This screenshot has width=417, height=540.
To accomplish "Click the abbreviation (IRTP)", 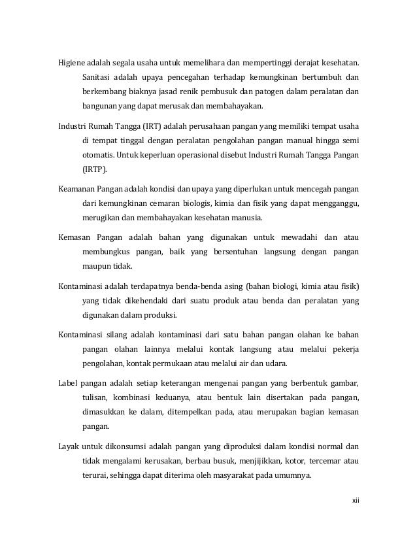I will pyautogui.click(x=95, y=168).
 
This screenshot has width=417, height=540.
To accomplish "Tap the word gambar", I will pyautogui.click(x=343, y=382).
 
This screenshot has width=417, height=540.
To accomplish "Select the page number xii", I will pyautogui.click(x=356, y=501).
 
